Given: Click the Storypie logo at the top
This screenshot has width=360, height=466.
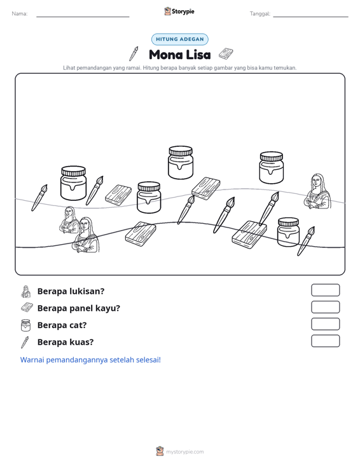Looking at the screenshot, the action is [x=179, y=11].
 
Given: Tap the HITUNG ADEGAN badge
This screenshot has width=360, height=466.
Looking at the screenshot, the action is [x=180, y=39].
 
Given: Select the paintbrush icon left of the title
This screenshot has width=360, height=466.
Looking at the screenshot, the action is [x=134, y=53].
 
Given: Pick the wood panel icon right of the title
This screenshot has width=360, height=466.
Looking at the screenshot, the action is [x=226, y=54].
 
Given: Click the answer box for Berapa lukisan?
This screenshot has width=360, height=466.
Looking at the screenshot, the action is [x=325, y=290].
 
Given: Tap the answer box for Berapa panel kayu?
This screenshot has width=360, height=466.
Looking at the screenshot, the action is [x=325, y=307].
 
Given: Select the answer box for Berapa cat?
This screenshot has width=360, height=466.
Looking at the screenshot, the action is [x=325, y=324].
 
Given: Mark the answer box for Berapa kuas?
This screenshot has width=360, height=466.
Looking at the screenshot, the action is [x=325, y=341].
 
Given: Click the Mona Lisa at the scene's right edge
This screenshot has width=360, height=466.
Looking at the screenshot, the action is [x=317, y=191].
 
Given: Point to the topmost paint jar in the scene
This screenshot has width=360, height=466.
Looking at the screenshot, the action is [x=181, y=163].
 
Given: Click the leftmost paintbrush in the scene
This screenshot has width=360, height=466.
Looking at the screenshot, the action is [x=39, y=198].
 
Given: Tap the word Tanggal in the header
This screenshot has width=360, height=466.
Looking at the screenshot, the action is [x=260, y=14].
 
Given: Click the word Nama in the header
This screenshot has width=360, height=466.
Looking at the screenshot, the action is [x=19, y=14].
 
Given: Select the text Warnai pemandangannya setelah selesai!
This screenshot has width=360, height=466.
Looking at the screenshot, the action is [x=90, y=360].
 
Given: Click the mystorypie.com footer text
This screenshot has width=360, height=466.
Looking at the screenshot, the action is [x=184, y=452].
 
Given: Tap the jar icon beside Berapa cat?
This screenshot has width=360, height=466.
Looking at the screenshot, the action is [x=25, y=325].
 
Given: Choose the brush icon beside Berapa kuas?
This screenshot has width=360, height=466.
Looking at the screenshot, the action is [x=25, y=342].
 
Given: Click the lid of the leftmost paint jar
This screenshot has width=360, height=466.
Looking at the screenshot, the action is [x=73, y=171].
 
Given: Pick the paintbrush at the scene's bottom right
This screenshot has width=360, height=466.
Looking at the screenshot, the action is [x=306, y=241].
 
